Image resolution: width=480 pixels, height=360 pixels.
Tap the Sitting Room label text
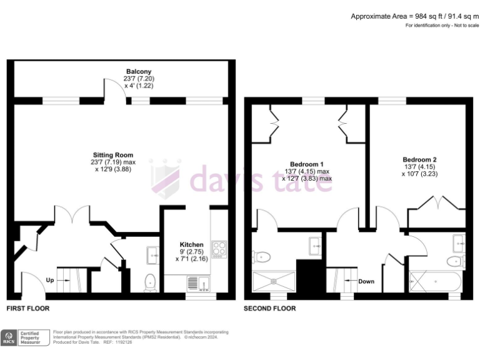click(x=113, y=155)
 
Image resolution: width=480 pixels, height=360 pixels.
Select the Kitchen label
click(x=191, y=244)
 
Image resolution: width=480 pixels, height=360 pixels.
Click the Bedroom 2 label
click(x=420, y=159)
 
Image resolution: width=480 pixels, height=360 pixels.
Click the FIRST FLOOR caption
click(x=28, y=309)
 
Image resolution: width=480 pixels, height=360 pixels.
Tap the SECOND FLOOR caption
click(x=270, y=309)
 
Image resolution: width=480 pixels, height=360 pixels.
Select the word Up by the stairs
click(x=50, y=280)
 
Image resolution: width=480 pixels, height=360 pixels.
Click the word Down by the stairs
click(x=366, y=281)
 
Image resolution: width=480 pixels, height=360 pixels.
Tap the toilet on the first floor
click(x=149, y=282)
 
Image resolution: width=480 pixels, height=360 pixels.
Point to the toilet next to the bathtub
click(x=455, y=261)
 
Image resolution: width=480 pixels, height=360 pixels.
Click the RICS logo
click(x=9, y=338)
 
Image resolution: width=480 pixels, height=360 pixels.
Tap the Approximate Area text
click(x=413, y=16)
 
